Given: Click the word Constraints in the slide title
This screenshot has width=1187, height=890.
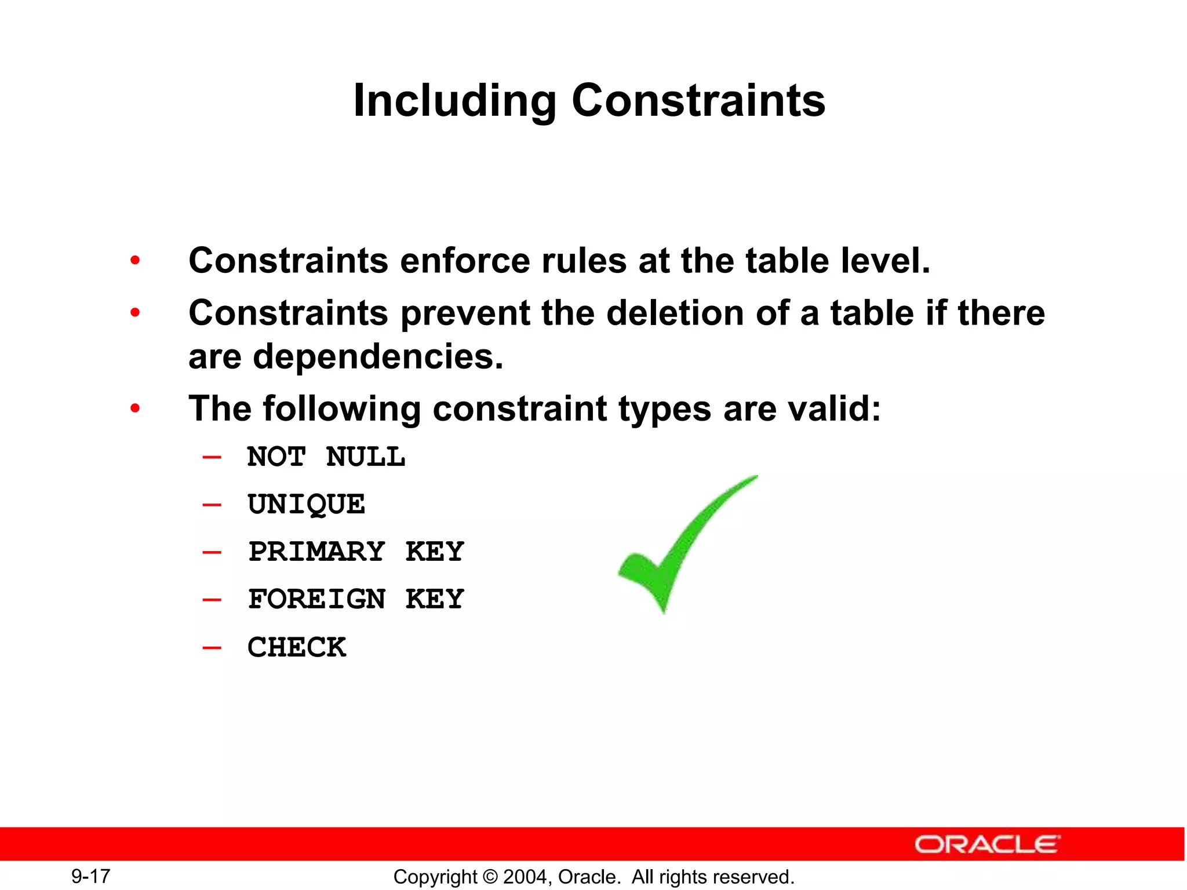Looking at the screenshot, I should pyautogui.click(x=698, y=100).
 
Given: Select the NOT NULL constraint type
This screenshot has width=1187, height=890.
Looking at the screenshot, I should pyautogui.click(x=326, y=457).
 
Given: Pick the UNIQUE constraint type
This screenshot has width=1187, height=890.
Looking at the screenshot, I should pyautogui.click(x=306, y=505).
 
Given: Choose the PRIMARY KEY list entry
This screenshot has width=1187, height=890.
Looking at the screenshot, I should pyautogui.click(x=356, y=552).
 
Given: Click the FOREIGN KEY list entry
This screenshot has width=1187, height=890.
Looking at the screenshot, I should pyautogui.click(x=356, y=599).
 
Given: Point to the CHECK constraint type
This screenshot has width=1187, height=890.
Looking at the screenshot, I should pyautogui.click(x=297, y=647).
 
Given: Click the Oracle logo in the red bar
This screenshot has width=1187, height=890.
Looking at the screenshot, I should pyautogui.click(x=987, y=844).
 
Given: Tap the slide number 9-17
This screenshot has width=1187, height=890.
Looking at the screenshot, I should pyautogui.click(x=91, y=876).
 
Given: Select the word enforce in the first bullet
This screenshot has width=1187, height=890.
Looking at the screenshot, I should pyautogui.click(x=465, y=261).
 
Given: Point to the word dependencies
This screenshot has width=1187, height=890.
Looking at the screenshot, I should pyautogui.click(x=378, y=356).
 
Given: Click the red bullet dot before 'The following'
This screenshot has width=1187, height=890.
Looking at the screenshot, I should pyautogui.click(x=135, y=409).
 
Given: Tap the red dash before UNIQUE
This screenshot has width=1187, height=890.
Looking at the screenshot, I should pyautogui.click(x=212, y=505).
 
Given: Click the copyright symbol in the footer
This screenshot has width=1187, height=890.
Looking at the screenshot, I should pyautogui.click(x=490, y=877).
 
